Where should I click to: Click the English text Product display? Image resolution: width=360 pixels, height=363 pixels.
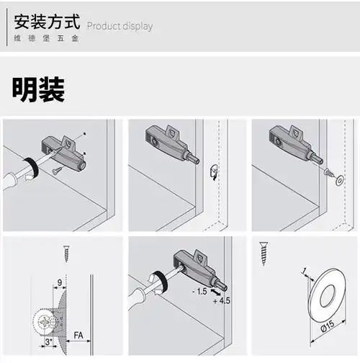pos(120,27)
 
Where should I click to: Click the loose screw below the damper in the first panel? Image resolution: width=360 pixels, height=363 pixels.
pos(57,170)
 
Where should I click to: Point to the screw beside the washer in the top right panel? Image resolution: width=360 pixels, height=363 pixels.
pos(328,173)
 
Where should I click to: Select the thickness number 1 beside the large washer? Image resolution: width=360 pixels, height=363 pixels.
pos(305,272)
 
